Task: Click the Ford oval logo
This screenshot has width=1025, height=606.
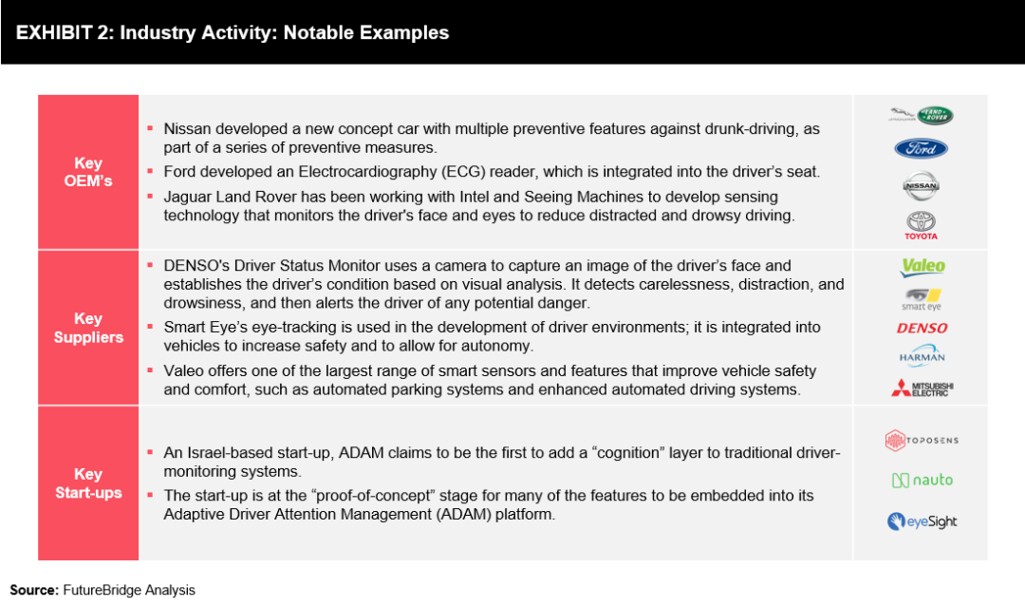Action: [921, 148]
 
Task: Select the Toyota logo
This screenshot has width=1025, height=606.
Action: [921, 225]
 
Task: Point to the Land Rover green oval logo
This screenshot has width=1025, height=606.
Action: [935, 116]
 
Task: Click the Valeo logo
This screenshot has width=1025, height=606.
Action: [922, 267]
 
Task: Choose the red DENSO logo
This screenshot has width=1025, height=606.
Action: [922, 328]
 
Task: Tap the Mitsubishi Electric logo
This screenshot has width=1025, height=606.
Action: [922, 388]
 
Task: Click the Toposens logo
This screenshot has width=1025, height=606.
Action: [921, 440]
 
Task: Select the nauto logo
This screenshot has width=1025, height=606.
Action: [922, 481]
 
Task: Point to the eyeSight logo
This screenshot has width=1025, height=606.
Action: [922, 521]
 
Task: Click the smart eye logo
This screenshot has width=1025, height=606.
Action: [922, 297]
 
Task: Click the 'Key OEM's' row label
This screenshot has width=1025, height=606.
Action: [88, 172]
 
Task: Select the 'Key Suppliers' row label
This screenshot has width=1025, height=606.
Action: [88, 328]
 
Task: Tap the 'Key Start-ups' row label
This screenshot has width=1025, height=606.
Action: [88, 483]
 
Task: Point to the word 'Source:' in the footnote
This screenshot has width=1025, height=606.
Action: [34, 590]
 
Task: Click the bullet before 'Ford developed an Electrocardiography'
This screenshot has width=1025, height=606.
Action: [149, 171]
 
